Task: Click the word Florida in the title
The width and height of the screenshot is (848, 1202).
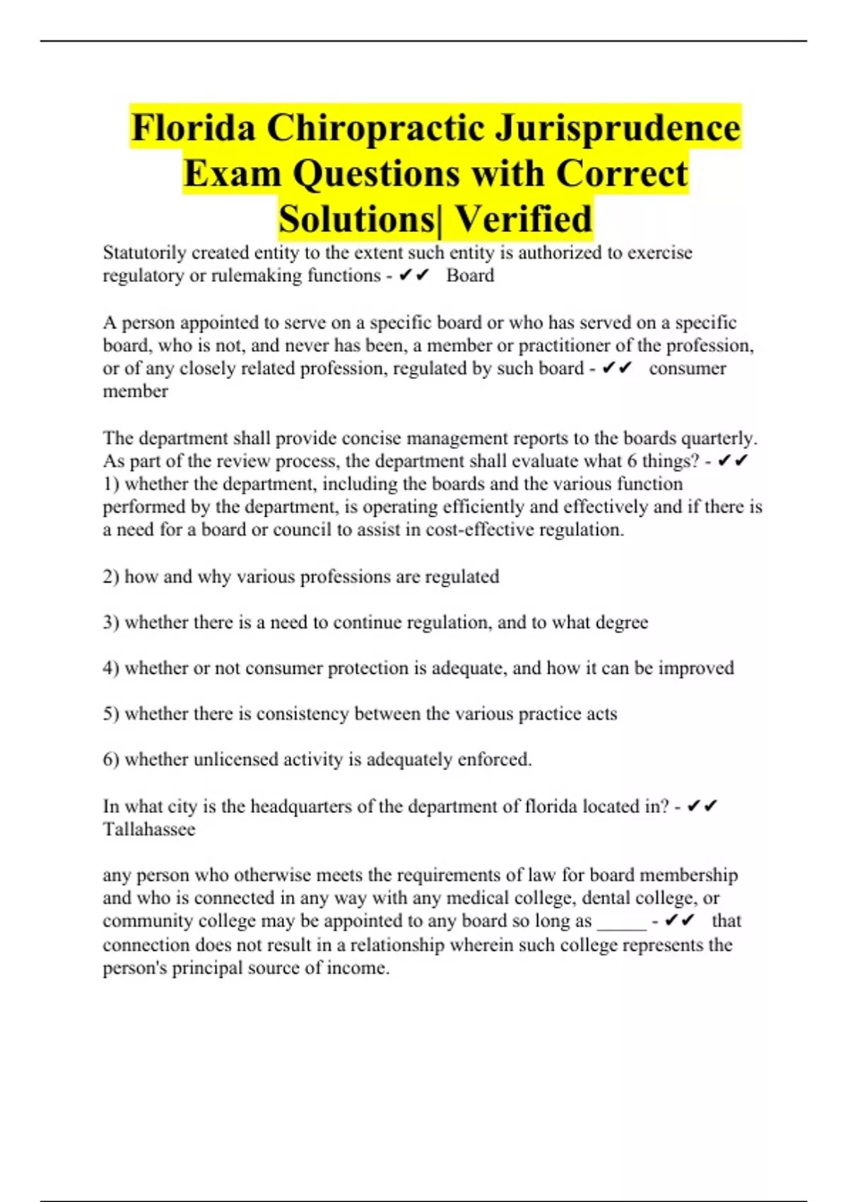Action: (193, 128)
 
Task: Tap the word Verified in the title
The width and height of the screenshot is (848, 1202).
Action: (522, 218)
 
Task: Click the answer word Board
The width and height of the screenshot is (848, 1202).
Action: (470, 276)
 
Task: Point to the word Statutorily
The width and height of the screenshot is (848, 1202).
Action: (144, 252)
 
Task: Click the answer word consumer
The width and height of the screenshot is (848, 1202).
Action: (687, 368)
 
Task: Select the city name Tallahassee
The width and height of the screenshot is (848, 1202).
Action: (149, 829)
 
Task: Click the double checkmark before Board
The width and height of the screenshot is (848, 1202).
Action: (414, 276)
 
